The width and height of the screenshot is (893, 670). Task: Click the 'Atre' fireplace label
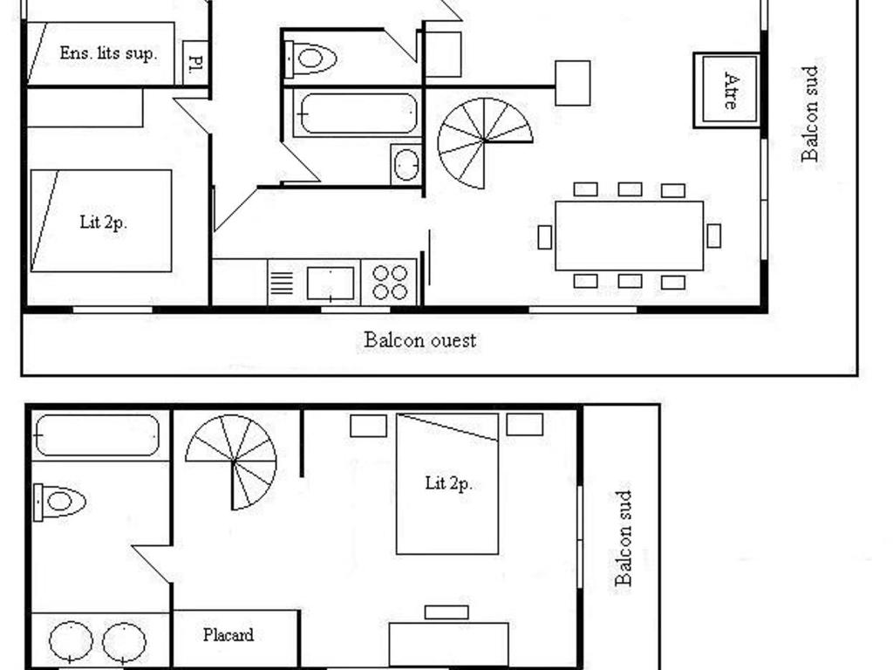click(x=732, y=91)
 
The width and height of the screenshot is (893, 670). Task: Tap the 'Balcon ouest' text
click(x=419, y=340)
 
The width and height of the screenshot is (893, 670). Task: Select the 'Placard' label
click(x=228, y=635)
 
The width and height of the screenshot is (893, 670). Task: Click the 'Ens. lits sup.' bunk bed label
click(x=108, y=53)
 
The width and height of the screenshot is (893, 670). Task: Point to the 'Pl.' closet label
click(x=195, y=62)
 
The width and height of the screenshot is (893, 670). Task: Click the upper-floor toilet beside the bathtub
click(x=310, y=58)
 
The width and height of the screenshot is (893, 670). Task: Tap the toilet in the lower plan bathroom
click(x=59, y=502)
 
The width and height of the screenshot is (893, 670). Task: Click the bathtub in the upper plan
click(x=357, y=114)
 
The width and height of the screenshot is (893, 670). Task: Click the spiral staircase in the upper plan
click(x=484, y=142)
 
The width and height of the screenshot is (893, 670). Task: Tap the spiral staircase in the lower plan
click(x=232, y=461)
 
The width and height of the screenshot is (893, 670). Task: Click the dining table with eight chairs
click(x=630, y=236)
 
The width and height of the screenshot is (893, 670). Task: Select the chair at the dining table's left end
click(x=545, y=237)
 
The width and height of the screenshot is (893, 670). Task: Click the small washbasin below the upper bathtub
click(x=406, y=164)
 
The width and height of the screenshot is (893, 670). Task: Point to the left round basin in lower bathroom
click(x=71, y=641)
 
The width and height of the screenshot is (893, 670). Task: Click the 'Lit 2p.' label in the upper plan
click(x=103, y=222)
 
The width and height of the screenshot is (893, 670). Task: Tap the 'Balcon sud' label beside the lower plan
click(x=624, y=538)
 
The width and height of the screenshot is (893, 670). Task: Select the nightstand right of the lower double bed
click(x=524, y=425)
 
